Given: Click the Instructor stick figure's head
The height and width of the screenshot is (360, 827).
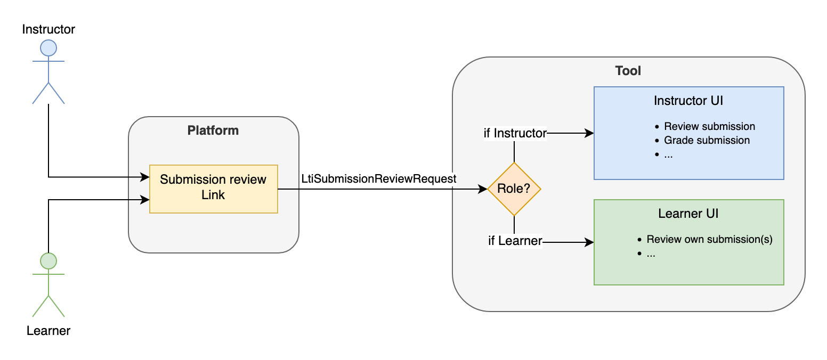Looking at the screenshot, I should (x=48, y=48).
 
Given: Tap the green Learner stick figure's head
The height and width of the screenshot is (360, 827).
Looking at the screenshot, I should (x=48, y=261).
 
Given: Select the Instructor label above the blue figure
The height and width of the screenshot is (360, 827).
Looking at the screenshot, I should (x=48, y=29).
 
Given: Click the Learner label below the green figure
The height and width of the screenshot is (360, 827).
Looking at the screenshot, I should (x=48, y=331).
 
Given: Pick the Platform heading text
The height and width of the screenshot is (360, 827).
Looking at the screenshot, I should (x=213, y=130).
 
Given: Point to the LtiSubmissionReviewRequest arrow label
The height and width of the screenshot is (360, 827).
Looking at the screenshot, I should (x=379, y=179).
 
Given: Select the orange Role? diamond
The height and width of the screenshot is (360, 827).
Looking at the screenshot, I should (x=514, y=189).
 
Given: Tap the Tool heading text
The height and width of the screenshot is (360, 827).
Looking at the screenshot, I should (x=628, y=71).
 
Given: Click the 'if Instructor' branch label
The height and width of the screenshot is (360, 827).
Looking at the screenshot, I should (x=515, y=133).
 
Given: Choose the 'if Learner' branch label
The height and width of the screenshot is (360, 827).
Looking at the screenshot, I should (x=515, y=241).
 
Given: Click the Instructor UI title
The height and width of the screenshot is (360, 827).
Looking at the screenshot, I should (x=688, y=101).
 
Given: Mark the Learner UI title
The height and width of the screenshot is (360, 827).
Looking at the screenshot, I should (x=688, y=214).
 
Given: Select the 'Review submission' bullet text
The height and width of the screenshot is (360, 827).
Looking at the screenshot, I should (x=709, y=127).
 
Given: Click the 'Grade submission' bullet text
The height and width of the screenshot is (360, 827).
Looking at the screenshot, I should (x=707, y=141).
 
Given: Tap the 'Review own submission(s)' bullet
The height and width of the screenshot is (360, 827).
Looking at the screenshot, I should (x=709, y=240).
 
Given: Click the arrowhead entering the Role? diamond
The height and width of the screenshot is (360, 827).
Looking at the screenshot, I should (x=483, y=189).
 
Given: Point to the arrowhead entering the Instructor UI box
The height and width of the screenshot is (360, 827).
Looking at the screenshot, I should (x=589, y=133).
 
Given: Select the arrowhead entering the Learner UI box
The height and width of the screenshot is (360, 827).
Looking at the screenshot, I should (x=589, y=242).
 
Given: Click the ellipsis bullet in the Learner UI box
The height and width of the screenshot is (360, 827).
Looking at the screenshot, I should (x=651, y=254).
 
